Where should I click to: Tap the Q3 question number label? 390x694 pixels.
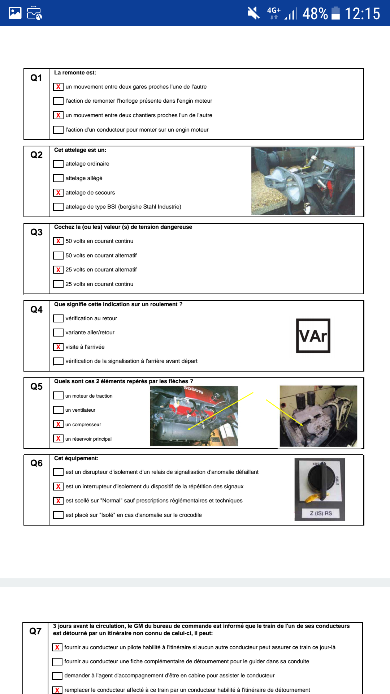pyautogui.click(x=36, y=232)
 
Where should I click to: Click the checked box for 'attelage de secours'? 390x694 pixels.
pyautogui.click(x=58, y=193)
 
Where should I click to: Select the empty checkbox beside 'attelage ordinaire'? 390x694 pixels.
pyautogui.click(x=58, y=164)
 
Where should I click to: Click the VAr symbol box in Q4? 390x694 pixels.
pyautogui.click(x=313, y=336)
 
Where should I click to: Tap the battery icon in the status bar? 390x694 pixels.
pyautogui.click(x=335, y=13)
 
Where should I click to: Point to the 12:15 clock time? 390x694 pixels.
pyautogui.click(x=362, y=14)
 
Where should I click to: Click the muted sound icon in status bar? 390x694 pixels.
pyautogui.click(x=253, y=13)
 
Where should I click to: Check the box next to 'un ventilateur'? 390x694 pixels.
pyautogui.click(x=58, y=410)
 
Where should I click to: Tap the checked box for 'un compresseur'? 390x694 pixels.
pyautogui.click(x=58, y=424)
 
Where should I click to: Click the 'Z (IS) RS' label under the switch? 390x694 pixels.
pyautogui.click(x=321, y=513)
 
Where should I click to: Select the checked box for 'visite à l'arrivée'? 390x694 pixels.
pyautogui.click(x=58, y=347)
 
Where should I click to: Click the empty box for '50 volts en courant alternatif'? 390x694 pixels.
pyautogui.click(x=58, y=256)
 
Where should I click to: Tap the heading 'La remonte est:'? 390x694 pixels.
pyautogui.click(x=75, y=73)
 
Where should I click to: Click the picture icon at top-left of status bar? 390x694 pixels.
pyautogui.click(x=15, y=13)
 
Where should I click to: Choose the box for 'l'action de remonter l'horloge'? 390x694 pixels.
pyautogui.click(x=58, y=101)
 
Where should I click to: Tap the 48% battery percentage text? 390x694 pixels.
pyautogui.click(x=315, y=14)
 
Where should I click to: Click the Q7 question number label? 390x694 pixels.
pyautogui.click(x=35, y=631)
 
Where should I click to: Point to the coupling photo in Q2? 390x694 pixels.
pyautogui.click(x=303, y=181)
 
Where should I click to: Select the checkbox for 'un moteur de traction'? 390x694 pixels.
pyautogui.click(x=58, y=396)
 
